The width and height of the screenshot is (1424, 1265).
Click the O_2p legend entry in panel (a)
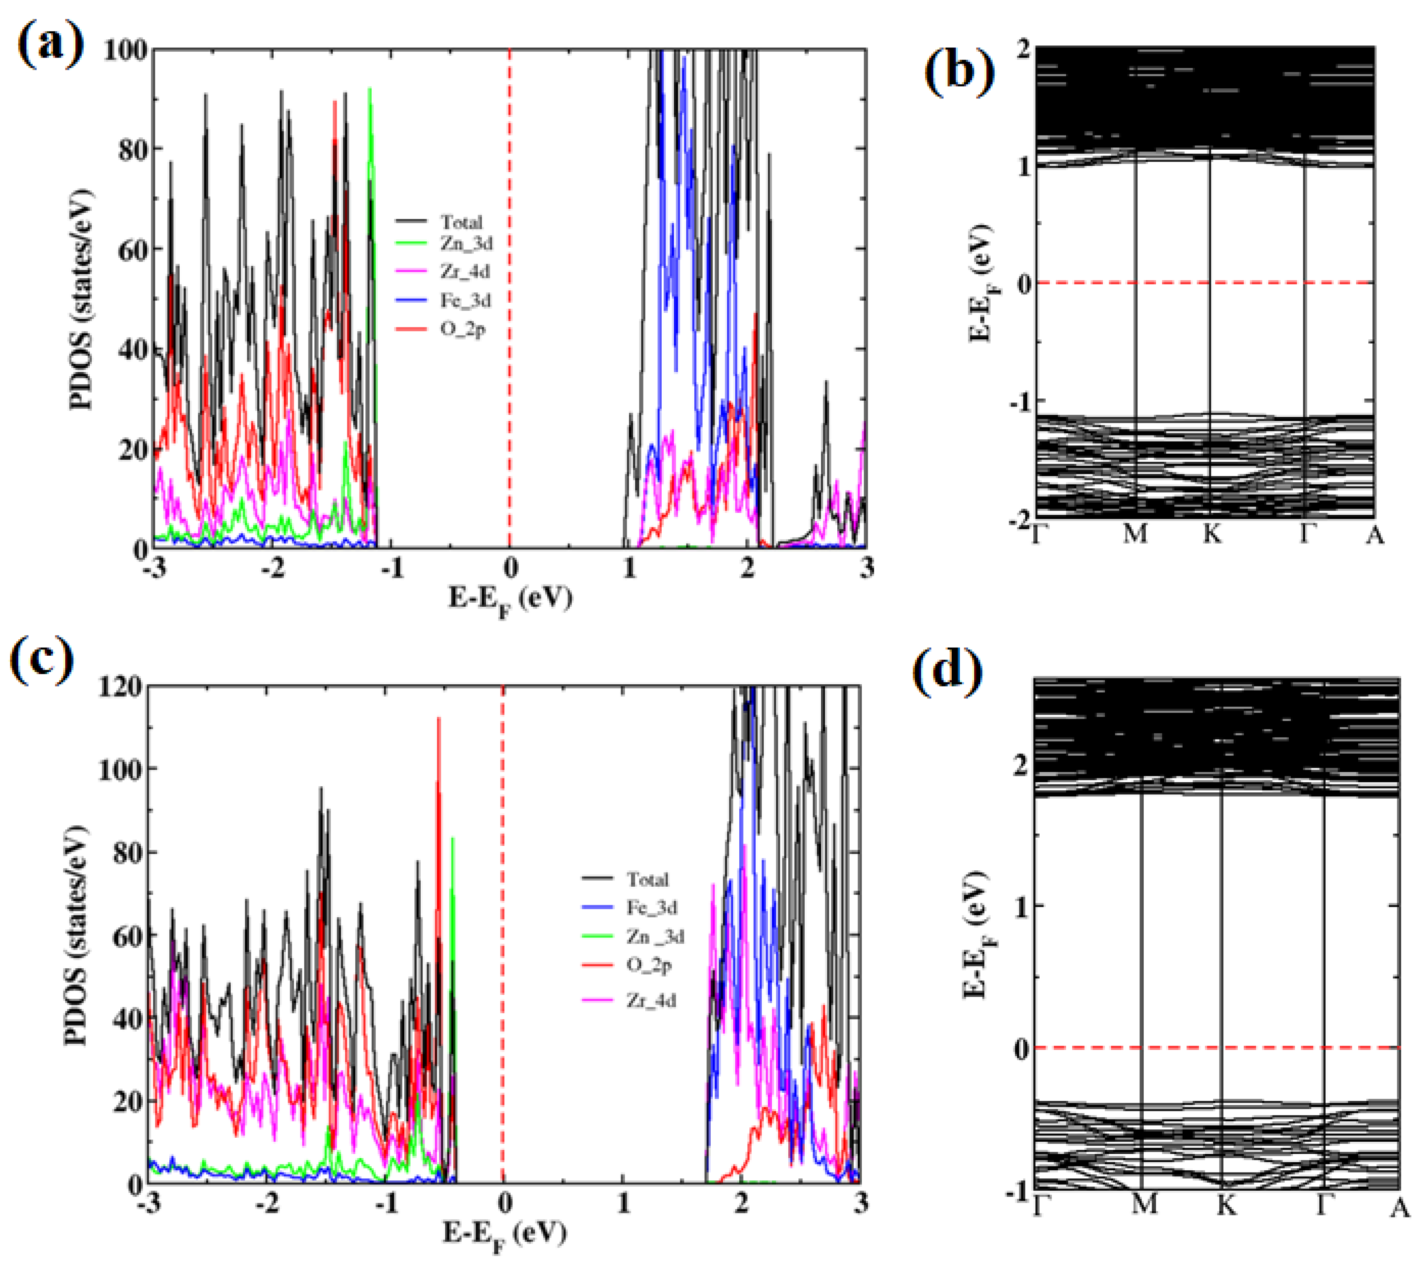[x=462, y=329]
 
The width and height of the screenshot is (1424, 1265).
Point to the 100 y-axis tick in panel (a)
[x=126, y=50]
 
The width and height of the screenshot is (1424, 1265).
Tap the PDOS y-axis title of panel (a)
[x=82, y=300]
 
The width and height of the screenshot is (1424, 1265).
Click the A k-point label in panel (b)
[x=1374, y=534]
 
